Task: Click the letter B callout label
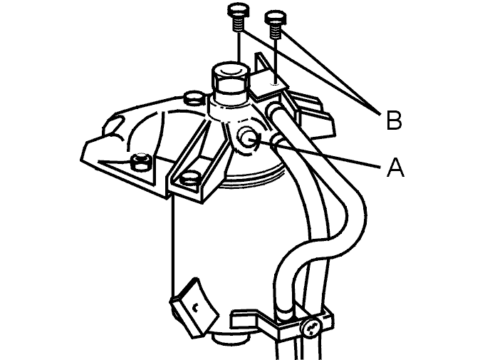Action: [x=394, y=120]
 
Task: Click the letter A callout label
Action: [x=395, y=168]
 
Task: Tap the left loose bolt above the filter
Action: [x=239, y=18]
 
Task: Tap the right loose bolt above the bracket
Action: [x=276, y=24]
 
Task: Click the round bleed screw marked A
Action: [x=249, y=140]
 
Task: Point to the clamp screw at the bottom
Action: [x=310, y=328]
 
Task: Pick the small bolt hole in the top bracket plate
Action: [x=276, y=83]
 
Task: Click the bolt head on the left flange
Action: [x=140, y=162]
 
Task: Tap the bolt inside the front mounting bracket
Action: [x=190, y=179]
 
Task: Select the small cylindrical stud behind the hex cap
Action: [x=194, y=97]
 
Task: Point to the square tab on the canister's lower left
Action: [x=194, y=307]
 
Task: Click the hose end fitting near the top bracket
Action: [x=275, y=109]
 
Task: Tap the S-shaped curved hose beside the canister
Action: [x=318, y=215]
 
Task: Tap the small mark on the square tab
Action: [x=194, y=307]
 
